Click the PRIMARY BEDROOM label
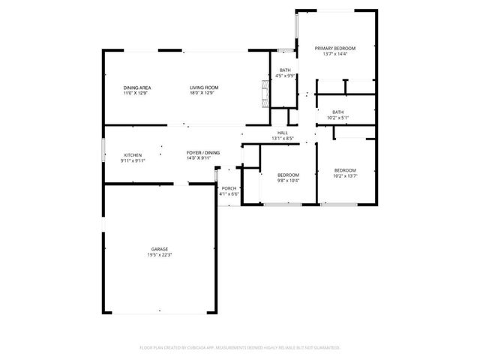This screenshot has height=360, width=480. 334,48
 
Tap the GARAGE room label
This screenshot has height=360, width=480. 159,249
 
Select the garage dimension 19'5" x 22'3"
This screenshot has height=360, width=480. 159,255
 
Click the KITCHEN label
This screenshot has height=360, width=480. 133,154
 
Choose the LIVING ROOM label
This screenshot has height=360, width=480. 202,88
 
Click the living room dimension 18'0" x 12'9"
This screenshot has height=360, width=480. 202,93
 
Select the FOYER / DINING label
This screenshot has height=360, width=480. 203,153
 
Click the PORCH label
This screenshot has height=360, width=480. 229,188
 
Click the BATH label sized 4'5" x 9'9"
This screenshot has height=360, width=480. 285,70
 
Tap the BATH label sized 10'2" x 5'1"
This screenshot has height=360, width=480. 338,112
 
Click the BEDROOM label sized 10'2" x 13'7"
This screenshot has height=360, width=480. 345,169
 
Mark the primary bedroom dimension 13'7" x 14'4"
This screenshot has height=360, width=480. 334,54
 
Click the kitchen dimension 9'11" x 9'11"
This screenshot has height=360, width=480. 133,160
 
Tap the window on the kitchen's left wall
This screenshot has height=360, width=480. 103,150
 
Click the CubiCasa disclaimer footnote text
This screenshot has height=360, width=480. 240,347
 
